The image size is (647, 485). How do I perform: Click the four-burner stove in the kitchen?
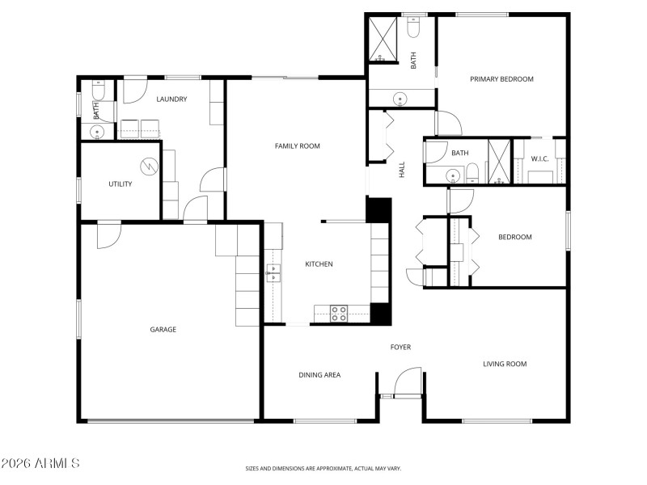click(339, 314)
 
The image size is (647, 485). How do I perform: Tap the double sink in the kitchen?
click(273, 272)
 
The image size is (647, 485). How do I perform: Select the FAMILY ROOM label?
click(298, 146)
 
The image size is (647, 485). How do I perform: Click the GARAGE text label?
click(163, 330)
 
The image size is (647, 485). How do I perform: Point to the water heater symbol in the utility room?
click(149, 167)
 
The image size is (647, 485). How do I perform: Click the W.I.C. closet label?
click(539, 158)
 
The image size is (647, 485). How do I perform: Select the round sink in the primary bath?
click(400, 99)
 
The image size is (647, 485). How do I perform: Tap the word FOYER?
click(400, 348)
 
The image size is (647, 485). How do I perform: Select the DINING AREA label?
click(319, 375)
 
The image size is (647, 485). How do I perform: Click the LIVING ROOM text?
click(505, 365)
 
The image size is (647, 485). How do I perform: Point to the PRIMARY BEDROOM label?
click(501, 79)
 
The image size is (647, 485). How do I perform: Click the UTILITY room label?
click(120, 184)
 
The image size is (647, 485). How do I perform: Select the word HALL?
click(401, 171)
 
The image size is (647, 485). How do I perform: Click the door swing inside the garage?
click(108, 234)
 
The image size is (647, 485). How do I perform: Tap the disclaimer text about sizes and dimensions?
click(323, 468)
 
